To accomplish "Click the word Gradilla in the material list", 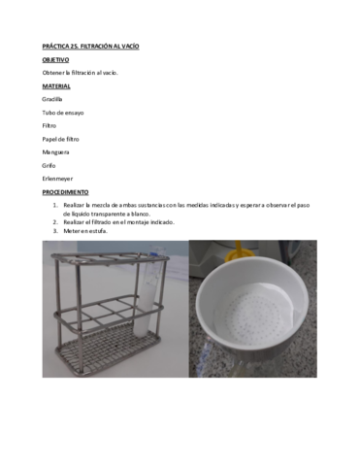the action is click(52, 99).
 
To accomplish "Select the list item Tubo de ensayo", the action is click(63, 113).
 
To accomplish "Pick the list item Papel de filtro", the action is click(61, 139).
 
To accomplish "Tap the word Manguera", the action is click(55, 152).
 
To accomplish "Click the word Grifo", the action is click(49, 165).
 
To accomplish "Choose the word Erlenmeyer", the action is click(57, 179).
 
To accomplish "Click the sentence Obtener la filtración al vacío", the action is click(80, 73).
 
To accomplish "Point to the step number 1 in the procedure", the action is click(55, 206).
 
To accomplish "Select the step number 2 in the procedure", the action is click(55, 221).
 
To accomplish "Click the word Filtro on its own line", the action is click(49, 125).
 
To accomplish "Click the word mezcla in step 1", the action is click(106, 206).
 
